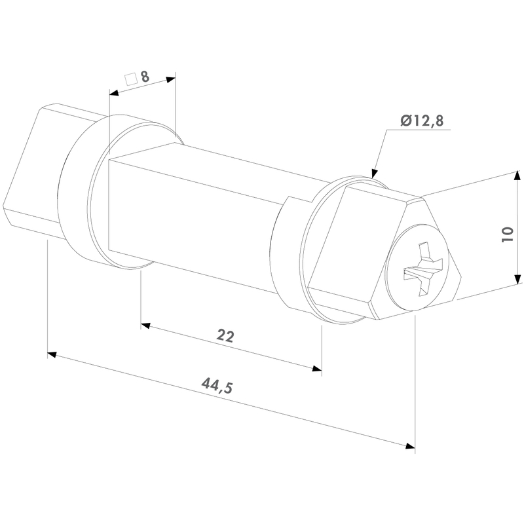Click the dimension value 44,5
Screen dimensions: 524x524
coord(217,385)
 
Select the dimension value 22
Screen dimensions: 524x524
coord(225,336)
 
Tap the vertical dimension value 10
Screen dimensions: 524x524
coord(508,234)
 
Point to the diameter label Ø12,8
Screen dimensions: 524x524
coord(422,121)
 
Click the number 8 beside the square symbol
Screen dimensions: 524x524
coord(145,77)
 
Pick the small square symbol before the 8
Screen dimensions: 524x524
coord(131,79)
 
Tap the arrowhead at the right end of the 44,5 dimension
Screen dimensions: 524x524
coord(411,446)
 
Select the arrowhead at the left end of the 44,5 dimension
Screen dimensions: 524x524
coord(52,354)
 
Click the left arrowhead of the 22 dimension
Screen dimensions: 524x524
coord(145,325)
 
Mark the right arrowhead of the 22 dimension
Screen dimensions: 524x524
coord(317,368)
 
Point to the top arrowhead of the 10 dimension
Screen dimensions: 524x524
coord(517,176)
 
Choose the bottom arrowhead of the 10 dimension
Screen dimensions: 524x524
coord(517,279)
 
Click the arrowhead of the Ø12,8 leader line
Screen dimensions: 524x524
coord(375,173)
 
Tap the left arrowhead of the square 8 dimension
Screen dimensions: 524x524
coord(114,92)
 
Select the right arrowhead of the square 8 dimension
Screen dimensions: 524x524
coord(171,79)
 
